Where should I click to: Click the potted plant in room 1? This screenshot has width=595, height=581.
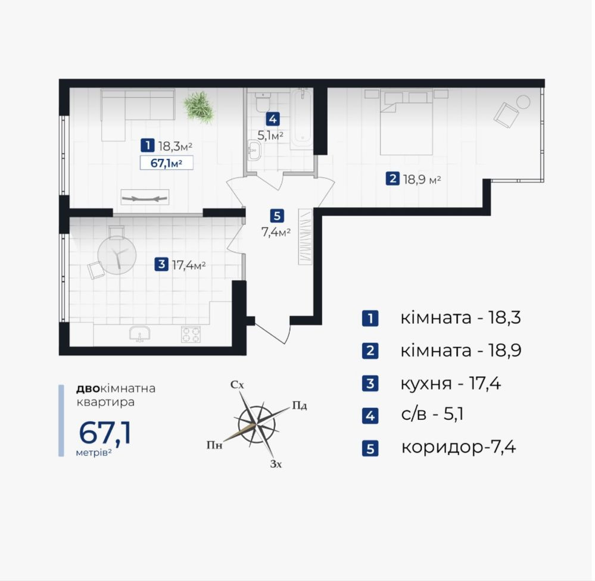(198, 107)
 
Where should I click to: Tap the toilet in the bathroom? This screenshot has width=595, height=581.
(262, 102)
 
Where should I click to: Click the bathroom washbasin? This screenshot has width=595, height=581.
(253, 151)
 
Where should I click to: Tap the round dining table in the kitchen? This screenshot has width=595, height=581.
(117, 255)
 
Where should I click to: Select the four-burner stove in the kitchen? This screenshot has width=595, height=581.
(191, 334)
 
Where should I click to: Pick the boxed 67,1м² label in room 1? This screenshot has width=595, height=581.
(167, 163)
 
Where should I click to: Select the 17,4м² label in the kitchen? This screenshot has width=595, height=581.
(189, 264)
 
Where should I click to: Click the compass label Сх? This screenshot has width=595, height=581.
(237, 385)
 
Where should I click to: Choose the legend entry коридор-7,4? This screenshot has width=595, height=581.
(459, 447)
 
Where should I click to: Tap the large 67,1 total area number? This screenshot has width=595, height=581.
(105, 433)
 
